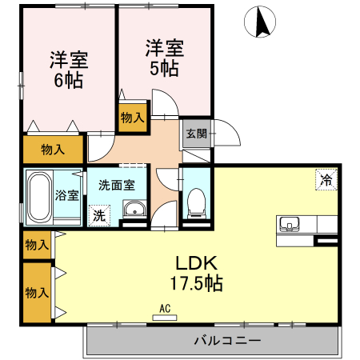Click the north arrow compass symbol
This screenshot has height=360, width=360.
click(262, 22)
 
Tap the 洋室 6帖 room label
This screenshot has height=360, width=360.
click(69, 70)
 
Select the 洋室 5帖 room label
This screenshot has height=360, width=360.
click(164, 56)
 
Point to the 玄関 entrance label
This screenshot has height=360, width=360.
click(197, 134)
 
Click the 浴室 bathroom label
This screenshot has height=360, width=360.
click(66, 194)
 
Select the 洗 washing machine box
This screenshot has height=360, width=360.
click(98, 214)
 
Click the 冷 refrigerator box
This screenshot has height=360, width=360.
click(326, 180)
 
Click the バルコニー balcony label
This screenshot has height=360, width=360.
click(226, 341)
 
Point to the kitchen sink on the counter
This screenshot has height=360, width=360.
click(289, 222)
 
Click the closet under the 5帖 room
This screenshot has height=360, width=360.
click(132, 117)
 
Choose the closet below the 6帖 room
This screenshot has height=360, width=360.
click(52, 149)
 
